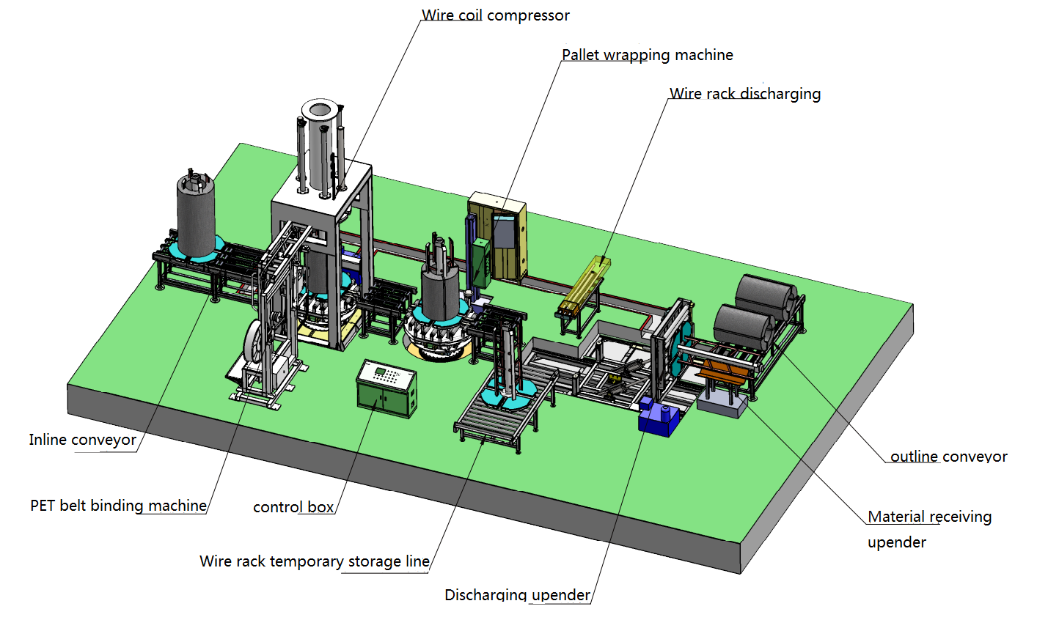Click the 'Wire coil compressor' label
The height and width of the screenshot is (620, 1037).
(495, 15)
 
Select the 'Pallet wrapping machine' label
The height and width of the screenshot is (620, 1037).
(647, 55)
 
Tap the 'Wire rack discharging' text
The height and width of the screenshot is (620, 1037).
(744, 94)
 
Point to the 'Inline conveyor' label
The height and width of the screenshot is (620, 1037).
(82, 440)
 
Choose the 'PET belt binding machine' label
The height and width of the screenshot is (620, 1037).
(118, 506)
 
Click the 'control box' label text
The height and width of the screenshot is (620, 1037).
(293, 507)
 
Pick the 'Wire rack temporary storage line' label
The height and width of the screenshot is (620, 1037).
(314, 561)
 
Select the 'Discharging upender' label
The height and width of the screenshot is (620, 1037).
(517, 594)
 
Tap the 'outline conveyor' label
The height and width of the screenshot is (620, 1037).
(948, 457)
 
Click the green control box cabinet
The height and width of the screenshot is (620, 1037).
(386, 390)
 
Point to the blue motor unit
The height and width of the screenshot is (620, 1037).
(657, 418)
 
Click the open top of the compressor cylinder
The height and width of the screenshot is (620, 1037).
(320, 111)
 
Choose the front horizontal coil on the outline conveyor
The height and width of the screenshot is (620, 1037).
(741, 327)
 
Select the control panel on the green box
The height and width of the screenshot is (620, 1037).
(387, 375)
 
